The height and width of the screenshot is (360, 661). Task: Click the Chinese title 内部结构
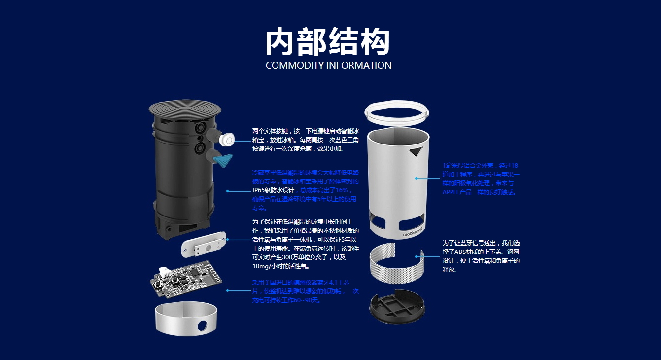(x=328, y=42)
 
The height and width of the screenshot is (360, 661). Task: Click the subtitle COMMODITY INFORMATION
(x=328, y=65)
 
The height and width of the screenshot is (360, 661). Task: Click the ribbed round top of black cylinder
(x=185, y=108)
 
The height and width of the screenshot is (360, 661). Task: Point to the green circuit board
(x=186, y=280)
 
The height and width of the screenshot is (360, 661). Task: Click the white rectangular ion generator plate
(x=203, y=245)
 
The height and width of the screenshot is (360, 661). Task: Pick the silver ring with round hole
(x=186, y=318)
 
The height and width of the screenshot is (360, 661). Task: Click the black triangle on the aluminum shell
(x=417, y=152)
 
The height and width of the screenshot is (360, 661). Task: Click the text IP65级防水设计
(x=273, y=190)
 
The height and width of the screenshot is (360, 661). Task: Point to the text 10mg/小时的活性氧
(x=281, y=266)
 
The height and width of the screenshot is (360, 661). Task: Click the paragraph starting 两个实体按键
(x=305, y=140)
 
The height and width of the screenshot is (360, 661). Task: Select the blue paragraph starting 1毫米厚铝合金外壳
(x=481, y=179)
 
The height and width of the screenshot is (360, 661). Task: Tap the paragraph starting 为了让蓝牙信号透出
(x=481, y=256)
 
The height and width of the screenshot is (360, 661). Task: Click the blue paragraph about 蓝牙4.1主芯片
(x=305, y=291)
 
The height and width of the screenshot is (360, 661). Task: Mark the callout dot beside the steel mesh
(x=417, y=256)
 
